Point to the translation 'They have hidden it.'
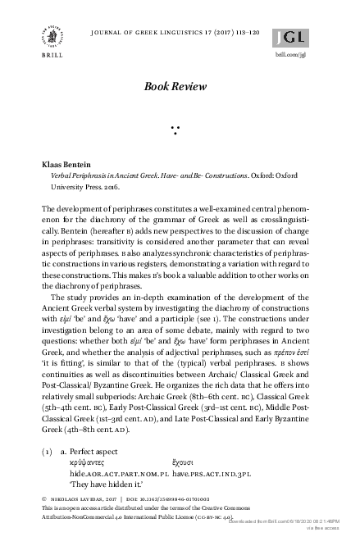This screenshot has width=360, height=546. [x=104, y=485]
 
